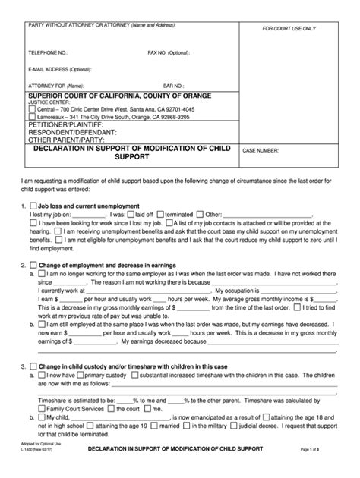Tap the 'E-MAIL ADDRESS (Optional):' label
(60, 69)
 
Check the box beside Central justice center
(32, 110)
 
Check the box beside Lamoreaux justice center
(32, 118)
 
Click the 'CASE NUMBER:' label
(262, 151)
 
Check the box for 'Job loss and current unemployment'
(33, 206)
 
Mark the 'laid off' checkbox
(131, 215)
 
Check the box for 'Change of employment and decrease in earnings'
(33, 266)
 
